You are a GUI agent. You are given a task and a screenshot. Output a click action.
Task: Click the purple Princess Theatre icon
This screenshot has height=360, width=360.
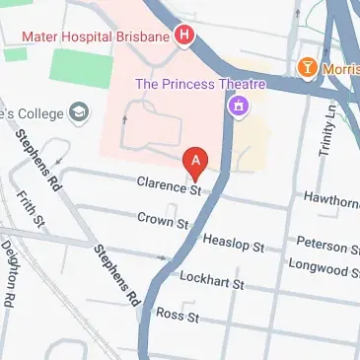(237, 105)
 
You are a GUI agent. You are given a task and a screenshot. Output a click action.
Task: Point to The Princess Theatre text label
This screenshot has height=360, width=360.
(202, 83)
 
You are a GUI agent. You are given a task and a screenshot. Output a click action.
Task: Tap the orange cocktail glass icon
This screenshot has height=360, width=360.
(308, 67)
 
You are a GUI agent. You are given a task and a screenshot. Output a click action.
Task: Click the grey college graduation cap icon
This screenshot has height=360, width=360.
(76, 114)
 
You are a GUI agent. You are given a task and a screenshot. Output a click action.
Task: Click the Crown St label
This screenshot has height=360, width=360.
(163, 219)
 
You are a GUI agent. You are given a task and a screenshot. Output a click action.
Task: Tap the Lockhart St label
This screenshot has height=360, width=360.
(211, 281)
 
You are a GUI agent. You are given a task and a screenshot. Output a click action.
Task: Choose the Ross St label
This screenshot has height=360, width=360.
(179, 317)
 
